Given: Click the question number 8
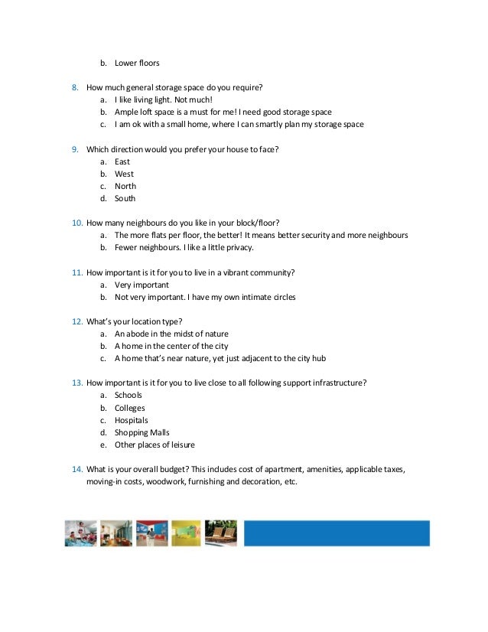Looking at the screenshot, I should tap(75, 87).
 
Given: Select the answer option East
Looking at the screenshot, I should tap(122, 161).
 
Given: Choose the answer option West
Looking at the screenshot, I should tap(124, 174).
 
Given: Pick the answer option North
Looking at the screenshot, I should tap(125, 186).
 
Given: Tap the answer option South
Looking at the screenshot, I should tap(125, 198).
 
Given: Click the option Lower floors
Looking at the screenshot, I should tap(137, 63).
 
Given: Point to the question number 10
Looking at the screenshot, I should tap(76, 223).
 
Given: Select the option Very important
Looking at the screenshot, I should tap(142, 285).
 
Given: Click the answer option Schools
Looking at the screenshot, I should tap(129, 396).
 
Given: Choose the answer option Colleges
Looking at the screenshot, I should tap(130, 408).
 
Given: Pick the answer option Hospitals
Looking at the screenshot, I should tap(132, 420).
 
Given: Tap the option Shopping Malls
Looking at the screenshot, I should tap(142, 432).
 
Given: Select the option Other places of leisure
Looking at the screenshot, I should tap(155, 445).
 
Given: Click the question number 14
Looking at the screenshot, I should tap(76, 470).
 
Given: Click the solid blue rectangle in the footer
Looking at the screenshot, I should tap(337, 533).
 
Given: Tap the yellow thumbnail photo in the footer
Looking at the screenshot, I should tap(187, 533).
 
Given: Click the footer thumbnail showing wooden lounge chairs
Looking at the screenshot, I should tap(221, 533).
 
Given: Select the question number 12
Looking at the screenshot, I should tap(76, 321).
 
